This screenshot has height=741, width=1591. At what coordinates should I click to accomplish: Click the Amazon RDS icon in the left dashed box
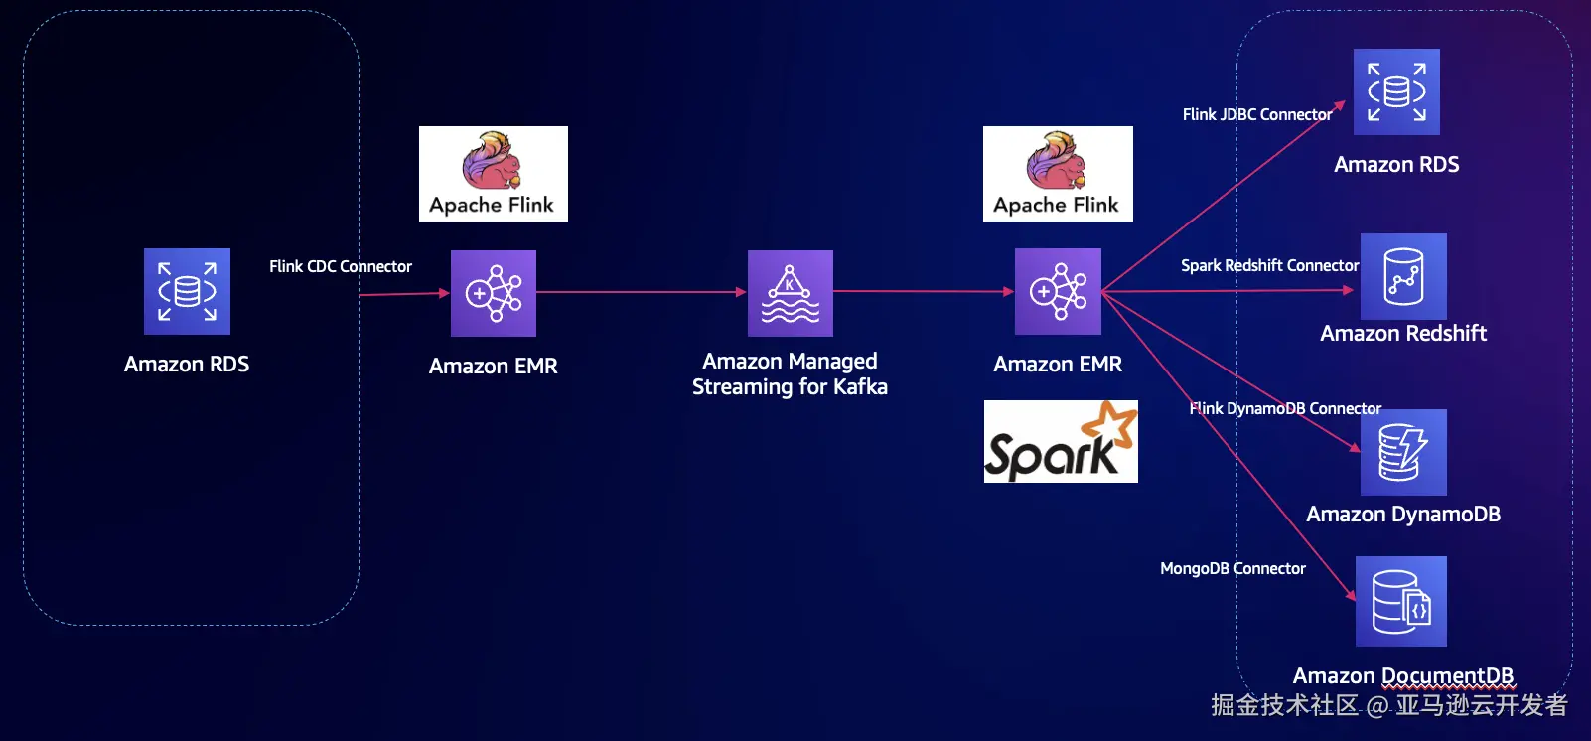click(x=187, y=291)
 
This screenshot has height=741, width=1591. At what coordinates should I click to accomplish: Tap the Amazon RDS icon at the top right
click(x=1396, y=91)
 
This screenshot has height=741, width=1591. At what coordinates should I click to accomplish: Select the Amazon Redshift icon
click(x=1403, y=276)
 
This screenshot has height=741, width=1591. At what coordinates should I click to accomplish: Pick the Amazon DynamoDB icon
click(x=1403, y=452)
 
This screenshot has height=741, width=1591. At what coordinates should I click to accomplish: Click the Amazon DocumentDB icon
click(x=1401, y=601)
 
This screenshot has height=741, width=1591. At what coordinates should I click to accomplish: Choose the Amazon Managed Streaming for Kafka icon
click(x=791, y=293)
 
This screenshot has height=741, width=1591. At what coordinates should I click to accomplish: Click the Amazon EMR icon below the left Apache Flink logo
click(x=494, y=293)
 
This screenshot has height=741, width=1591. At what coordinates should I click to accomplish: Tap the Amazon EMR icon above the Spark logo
click(x=1058, y=291)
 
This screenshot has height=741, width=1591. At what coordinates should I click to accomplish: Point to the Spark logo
click(x=1061, y=442)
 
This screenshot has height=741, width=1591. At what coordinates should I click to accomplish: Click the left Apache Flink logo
click(x=494, y=174)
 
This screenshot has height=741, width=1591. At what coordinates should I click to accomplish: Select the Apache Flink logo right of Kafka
click(x=1058, y=174)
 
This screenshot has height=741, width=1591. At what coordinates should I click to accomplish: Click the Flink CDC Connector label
click(x=341, y=266)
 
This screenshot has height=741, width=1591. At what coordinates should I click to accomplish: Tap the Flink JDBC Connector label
click(x=1257, y=114)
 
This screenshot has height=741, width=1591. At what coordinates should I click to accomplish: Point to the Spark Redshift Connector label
click(x=1269, y=265)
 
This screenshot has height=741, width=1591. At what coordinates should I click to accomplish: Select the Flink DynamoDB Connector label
click(x=1285, y=408)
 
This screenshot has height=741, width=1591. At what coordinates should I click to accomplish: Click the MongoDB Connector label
click(x=1232, y=568)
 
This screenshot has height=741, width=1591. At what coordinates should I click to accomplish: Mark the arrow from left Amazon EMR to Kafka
click(x=641, y=292)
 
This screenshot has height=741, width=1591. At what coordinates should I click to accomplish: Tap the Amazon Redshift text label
click(x=1403, y=334)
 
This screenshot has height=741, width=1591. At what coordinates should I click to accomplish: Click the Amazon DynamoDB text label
click(x=1403, y=515)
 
